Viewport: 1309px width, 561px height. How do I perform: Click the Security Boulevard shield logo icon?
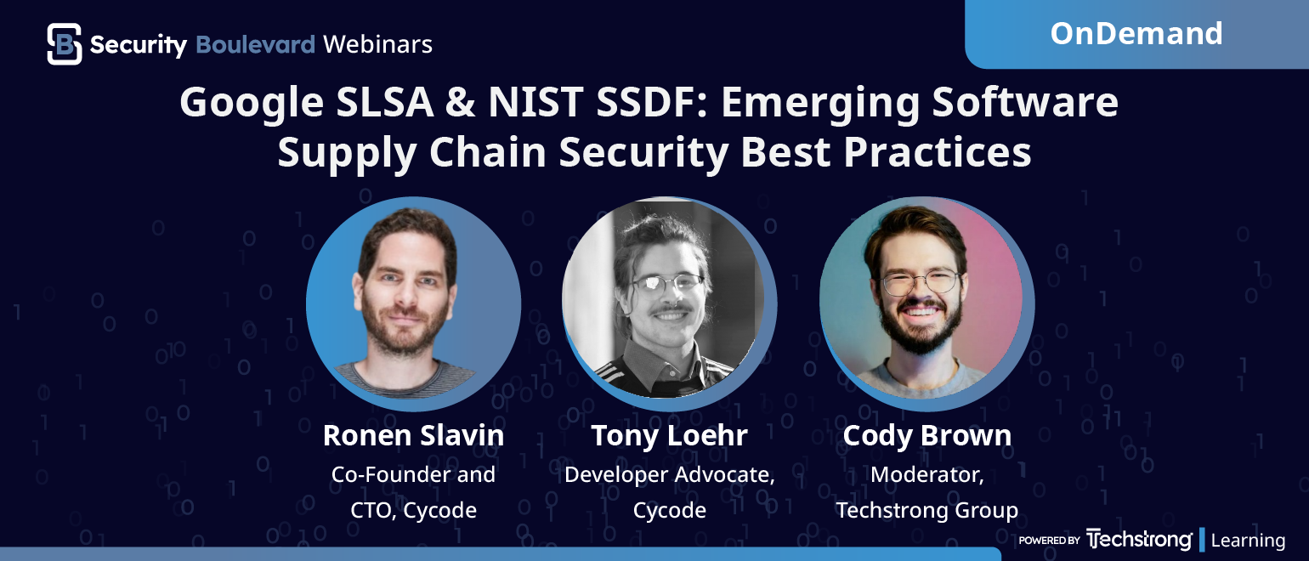65,44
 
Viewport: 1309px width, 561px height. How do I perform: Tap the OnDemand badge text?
1136,33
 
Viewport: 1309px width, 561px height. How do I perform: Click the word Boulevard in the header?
255,44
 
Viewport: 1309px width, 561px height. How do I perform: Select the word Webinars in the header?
378,44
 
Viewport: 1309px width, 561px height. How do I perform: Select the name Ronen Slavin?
413,435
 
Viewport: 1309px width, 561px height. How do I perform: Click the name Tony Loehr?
669,435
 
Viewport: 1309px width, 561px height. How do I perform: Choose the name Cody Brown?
926,435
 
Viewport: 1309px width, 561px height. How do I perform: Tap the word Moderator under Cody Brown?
926,474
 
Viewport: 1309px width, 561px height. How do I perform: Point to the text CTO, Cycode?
413,510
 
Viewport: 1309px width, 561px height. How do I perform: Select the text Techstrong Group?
926,510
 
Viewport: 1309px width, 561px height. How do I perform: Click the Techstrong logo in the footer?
1139,540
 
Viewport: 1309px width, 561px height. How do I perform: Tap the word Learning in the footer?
1248,540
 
